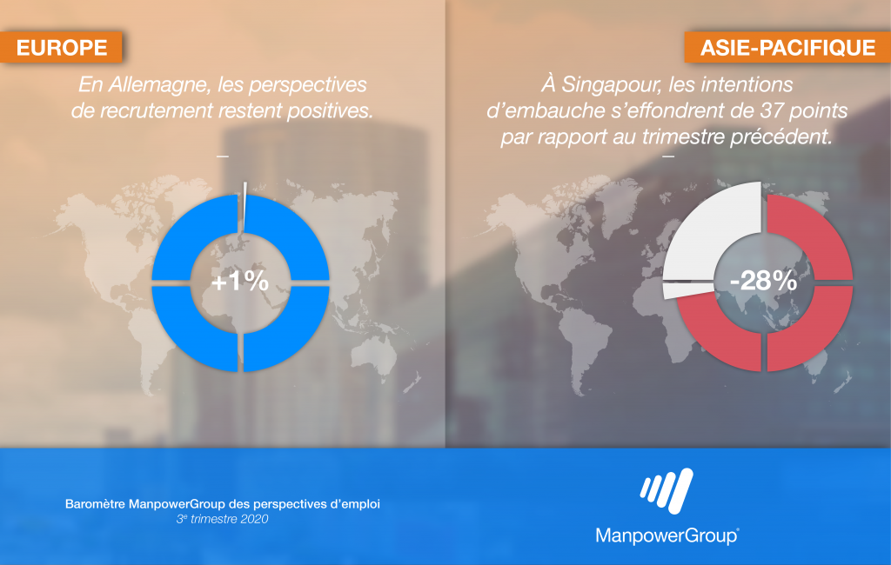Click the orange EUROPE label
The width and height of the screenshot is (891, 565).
pyautogui.click(x=61, y=47)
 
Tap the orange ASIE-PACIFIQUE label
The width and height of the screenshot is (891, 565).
pyautogui.click(x=787, y=47)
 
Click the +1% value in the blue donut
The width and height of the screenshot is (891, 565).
pyautogui.click(x=240, y=281)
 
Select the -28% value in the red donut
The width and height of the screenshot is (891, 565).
pyautogui.click(x=763, y=281)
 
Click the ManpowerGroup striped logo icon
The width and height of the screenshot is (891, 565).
pyautogui.click(x=667, y=491)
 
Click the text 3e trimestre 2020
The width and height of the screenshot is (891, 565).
pyautogui.click(x=222, y=519)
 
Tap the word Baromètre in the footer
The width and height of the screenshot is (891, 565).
pyautogui.click(x=95, y=503)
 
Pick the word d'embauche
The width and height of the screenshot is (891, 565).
pyautogui.click(x=546, y=110)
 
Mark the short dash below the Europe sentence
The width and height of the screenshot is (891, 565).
pyautogui.click(x=222, y=156)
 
